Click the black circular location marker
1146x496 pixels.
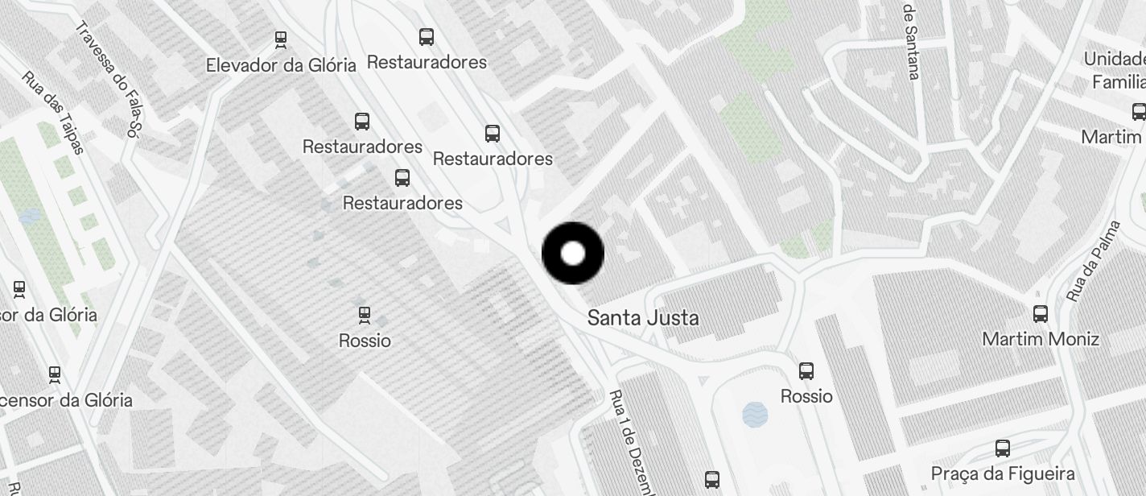[x=573, y=254]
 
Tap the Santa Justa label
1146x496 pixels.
[x=643, y=318]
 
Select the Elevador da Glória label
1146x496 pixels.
[x=281, y=65]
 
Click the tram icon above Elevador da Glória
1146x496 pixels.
[x=281, y=38]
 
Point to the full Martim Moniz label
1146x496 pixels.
[x=1041, y=339]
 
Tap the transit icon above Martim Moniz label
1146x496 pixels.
[x=1041, y=314]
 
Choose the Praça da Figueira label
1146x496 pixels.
[x=1003, y=473]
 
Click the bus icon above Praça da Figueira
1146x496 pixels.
[x=1003, y=448]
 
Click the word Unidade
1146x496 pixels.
[x=1115, y=59]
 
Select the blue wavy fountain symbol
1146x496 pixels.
[x=755, y=415]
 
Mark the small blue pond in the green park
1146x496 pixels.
[x=30, y=216]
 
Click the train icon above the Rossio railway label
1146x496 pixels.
[x=365, y=315]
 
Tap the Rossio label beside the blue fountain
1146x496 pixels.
[x=806, y=396]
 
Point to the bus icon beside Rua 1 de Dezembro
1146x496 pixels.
[x=712, y=480]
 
